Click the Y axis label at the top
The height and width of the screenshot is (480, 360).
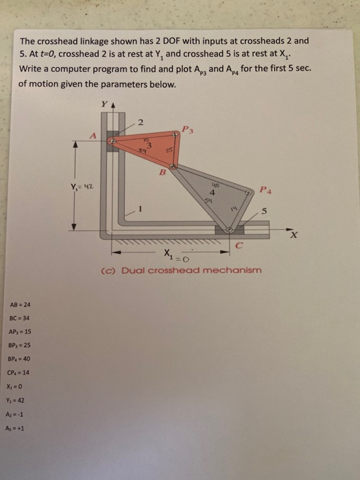[105, 106]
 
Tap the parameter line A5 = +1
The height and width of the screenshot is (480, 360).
[23, 426]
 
